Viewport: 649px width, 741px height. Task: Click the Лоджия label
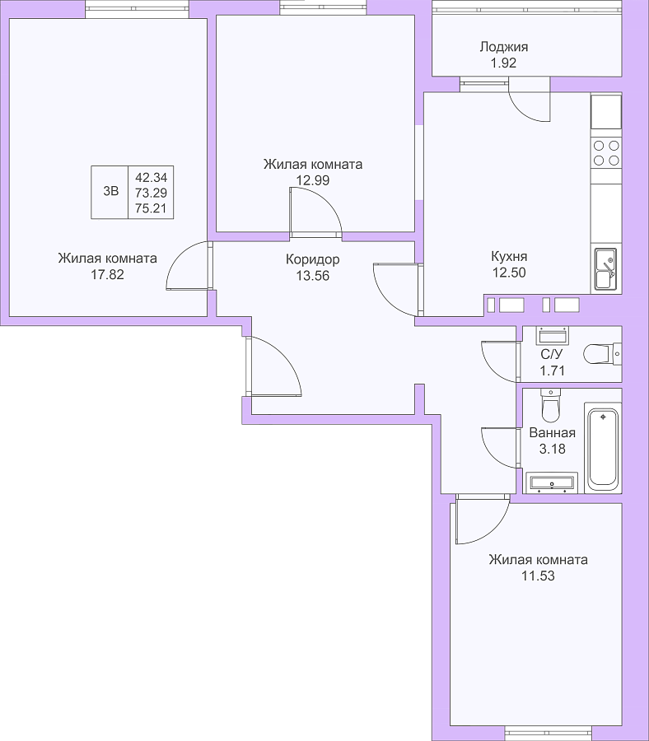[503, 47]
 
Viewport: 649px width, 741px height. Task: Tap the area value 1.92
[503, 63]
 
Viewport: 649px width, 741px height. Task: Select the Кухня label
[509, 257]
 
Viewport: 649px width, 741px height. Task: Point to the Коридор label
[312, 260]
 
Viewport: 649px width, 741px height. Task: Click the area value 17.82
[107, 274]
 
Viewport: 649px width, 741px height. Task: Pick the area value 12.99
[312, 180]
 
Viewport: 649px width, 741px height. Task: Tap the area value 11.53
[538, 576]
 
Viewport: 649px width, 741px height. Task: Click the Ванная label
[552, 433]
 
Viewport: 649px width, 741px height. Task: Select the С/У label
[552, 355]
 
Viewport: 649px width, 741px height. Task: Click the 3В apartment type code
[110, 191]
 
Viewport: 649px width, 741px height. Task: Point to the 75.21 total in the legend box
[151, 208]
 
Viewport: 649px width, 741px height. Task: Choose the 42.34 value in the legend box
[151, 178]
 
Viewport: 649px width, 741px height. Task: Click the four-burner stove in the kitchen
[606, 152]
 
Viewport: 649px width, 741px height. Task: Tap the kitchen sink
[605, 268]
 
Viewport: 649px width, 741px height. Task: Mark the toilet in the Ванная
[550, 405]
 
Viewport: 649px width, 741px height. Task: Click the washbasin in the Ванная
[552, 482]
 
